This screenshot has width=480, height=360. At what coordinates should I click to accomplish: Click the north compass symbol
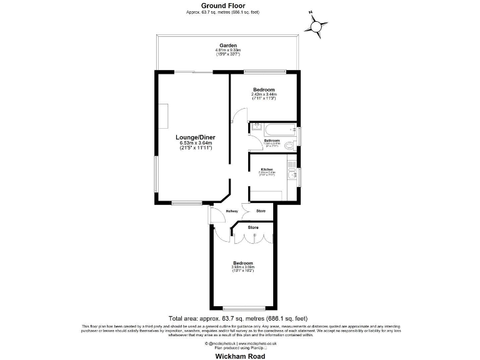317,26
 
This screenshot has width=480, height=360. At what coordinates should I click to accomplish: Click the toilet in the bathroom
288,145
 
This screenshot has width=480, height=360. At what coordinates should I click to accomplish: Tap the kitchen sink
291,166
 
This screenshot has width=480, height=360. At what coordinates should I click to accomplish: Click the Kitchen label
267,170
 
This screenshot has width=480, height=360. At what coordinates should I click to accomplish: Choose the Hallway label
232,211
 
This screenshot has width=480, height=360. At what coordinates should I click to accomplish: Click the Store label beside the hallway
261,211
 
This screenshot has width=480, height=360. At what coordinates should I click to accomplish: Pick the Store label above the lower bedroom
253,227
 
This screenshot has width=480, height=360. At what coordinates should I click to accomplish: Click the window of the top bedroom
266,70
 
